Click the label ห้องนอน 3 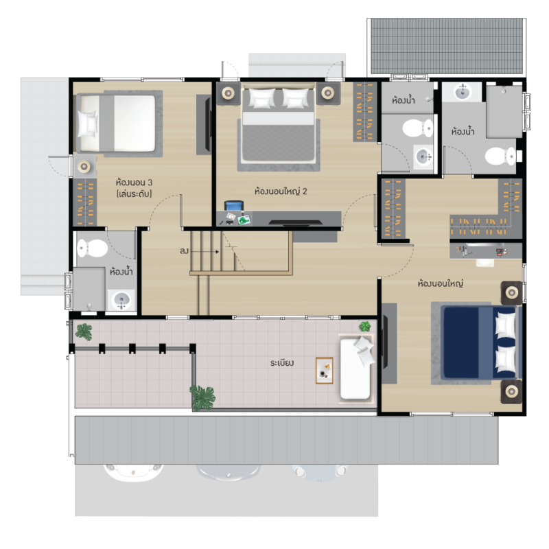click(x=134, y=183)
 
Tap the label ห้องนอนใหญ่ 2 click(x=281, y=191)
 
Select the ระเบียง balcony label click(x=282, y=363)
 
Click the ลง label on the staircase click(x=184, y=250)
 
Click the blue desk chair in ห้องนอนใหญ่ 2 click(x=234, y=205)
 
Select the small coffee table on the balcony click(x=324, y=371)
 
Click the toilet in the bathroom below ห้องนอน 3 click(x=92, y=248)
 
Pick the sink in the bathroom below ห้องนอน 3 click(x=121, y=300)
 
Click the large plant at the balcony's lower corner click(x=202, y=397)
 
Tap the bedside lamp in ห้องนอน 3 click(x=84, y=167)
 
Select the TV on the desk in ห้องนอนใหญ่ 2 click(x=296, y=222)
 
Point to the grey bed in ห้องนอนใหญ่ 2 click(x=279, y=126)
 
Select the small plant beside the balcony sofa click(x=365, y=327)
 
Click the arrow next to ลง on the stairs click(x=205, y=251)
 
